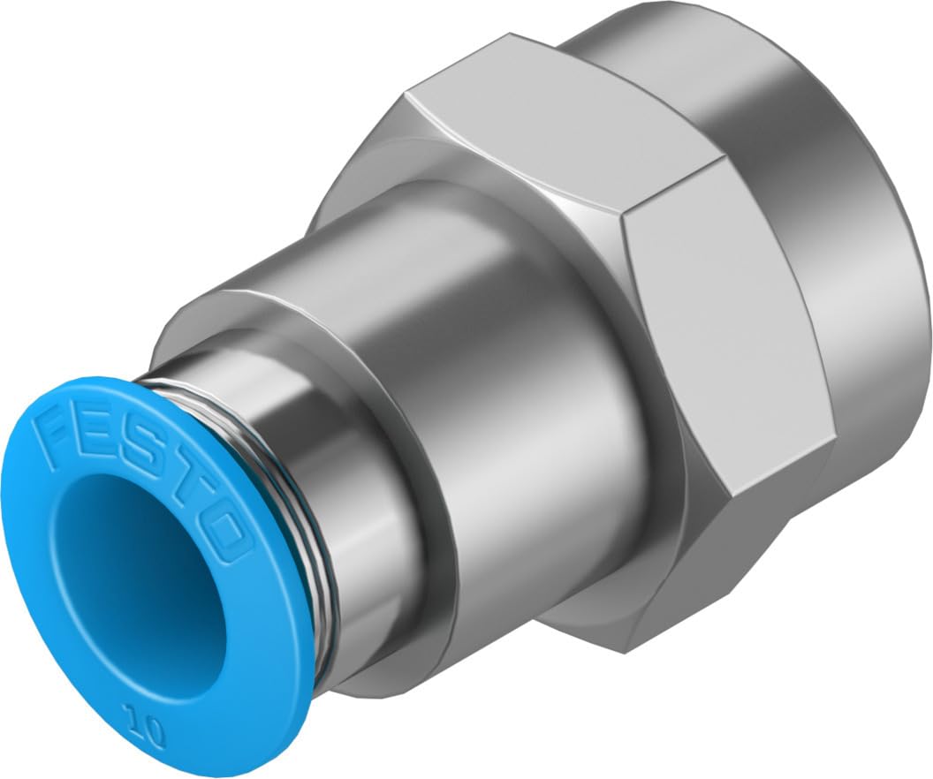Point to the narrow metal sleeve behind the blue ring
click(371, 495)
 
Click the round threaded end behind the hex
click(848, 221)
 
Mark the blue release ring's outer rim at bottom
click(221, 751)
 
